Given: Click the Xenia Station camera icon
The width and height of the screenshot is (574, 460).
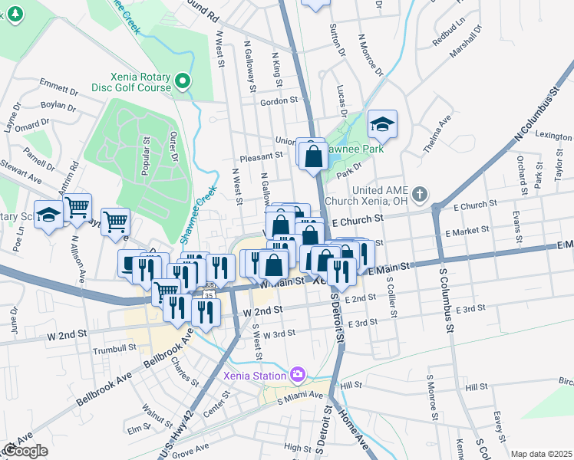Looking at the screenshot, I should tap(297, 375).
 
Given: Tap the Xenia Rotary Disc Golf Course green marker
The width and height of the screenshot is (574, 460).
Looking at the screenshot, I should tap(182, 80).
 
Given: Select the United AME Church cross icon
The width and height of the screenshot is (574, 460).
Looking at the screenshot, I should tap(419, 194).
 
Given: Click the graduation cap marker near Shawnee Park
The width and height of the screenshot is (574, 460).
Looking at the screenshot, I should tap(381, 123).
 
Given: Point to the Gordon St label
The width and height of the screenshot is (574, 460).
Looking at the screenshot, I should tap(279, 101).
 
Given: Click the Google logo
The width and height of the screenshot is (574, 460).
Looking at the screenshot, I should tap(25, 451).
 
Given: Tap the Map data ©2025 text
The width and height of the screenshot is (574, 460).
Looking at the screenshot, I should tap(541, 454).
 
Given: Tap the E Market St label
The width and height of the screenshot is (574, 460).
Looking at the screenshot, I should tap(471, 230).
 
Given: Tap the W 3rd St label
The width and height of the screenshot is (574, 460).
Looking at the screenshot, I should tap(279, 335).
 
